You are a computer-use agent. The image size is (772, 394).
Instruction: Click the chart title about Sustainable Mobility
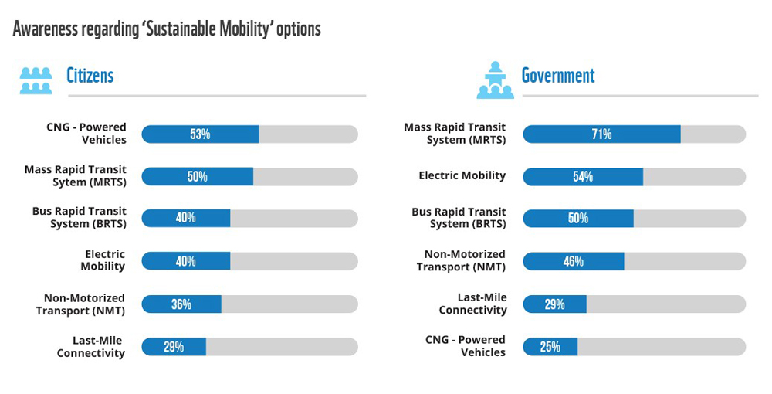(167, 29)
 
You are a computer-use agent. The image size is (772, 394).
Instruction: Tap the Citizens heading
(90, 75)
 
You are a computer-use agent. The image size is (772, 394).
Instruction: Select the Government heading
(558, 75)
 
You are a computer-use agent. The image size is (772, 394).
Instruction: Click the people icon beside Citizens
(36, 80)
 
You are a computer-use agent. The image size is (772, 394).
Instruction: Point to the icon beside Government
(495, 80)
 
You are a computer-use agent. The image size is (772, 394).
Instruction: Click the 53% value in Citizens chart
(200, 134)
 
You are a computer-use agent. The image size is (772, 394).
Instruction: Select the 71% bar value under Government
(601, 134)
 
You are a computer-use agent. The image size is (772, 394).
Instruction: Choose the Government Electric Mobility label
(462, 175)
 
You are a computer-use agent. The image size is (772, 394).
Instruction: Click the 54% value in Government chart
(583, 177)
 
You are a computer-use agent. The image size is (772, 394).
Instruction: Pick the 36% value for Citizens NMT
(181, 304)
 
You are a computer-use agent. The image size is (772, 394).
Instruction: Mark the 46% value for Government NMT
(574, 261)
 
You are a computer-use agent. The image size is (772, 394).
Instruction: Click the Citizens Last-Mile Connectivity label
(90, 347)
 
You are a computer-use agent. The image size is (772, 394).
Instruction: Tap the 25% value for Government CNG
(550, 347)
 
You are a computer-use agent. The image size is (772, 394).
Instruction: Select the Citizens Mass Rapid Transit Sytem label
(76, 175)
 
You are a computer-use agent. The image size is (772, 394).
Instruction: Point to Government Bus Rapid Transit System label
(460, 218)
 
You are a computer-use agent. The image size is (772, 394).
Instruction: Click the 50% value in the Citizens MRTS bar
(197, 176)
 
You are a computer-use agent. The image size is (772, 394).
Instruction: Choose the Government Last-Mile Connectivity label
(472, 304)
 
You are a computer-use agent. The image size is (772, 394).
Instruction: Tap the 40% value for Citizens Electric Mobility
(185, 261)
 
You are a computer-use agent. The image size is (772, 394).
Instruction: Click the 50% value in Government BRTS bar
(578, 219)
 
